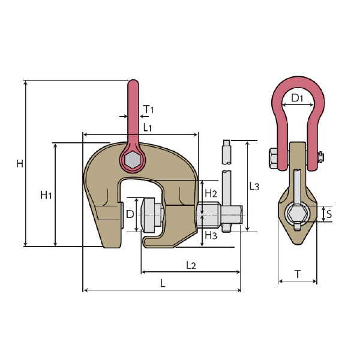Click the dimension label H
[20, 164]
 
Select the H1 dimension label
[46, 195]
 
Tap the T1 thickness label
[148, 109]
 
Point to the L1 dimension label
[148, 127]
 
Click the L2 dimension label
[191, 265]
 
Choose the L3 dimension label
[254, 186]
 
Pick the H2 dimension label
[211, 194]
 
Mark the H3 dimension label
[211, 235]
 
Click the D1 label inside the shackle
[298, 98]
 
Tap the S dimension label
[329, 214]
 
